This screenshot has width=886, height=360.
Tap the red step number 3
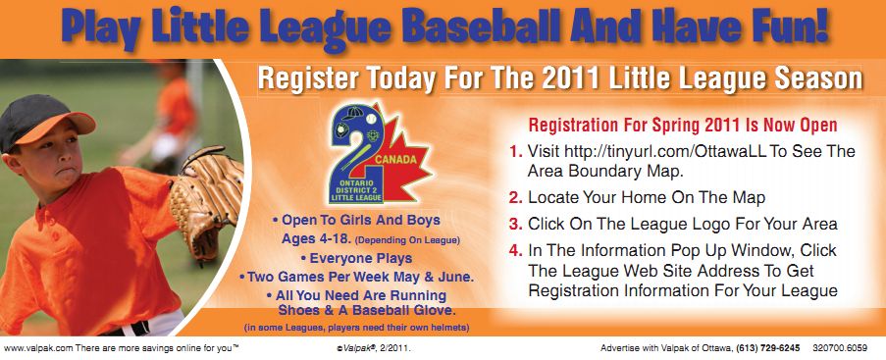pos(515,224)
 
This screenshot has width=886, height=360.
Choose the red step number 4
pos(515,250)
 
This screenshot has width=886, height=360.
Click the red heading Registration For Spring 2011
pos(683,125)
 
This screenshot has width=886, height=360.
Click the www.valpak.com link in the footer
pos(38,348)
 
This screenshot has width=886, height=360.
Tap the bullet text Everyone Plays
pos(356,258)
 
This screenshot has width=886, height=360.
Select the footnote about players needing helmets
pos(356,328)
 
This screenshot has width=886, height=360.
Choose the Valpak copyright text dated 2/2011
pos(373,348)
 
